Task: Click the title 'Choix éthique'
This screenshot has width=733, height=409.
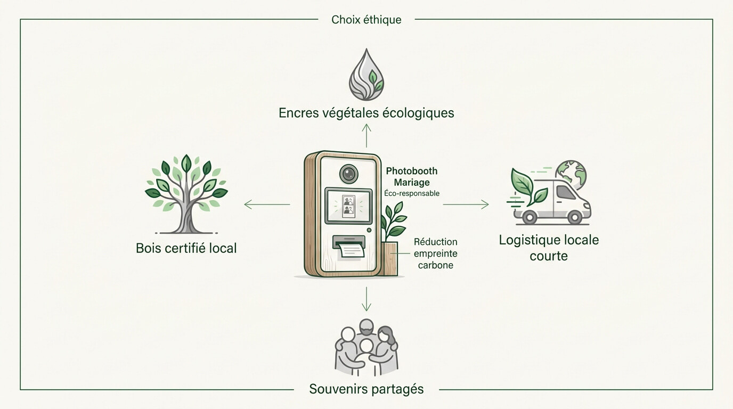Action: point(366,20)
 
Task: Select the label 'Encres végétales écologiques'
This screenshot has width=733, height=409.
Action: point(366,113)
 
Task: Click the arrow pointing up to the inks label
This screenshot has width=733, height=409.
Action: point(366,135)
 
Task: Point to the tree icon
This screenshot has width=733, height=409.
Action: point(186,194)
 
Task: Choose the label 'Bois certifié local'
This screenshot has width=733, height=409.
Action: point(186,248)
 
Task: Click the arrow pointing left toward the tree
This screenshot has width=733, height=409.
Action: point(267,204)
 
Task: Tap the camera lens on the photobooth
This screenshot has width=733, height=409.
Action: point(348,174)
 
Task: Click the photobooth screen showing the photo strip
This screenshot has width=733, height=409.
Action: point(348,206)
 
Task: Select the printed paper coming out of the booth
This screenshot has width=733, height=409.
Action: point(351,251)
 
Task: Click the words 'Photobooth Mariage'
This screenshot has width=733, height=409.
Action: point(412,177)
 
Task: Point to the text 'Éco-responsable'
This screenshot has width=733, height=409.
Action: point(412,193)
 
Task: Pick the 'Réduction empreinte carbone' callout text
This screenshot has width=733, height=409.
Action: point(436,253)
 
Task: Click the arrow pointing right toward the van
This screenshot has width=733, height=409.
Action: point(466,204)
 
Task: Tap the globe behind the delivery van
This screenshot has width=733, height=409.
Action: point(572,175)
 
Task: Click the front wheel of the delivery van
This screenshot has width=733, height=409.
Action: point(574,217)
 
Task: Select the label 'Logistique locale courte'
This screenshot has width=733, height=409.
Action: point(549,248)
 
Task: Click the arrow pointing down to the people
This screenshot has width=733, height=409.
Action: point(366,299)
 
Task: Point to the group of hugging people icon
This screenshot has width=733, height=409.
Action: point(366,347)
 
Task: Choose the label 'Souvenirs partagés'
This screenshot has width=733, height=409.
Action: point(366,389)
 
